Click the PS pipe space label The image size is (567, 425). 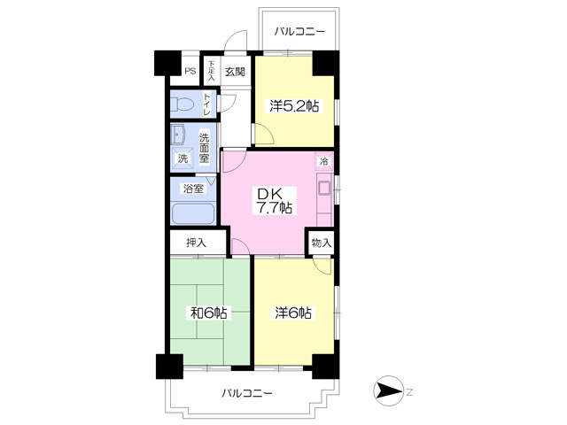[x=190, y=71]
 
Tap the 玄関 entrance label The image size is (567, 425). [x=235, y=72]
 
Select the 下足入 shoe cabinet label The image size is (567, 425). [x=211, y=71]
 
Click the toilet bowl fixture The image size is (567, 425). [x=183, y=104]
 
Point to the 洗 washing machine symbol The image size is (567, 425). [x=183, y=158]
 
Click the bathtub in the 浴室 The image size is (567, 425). [x=193, y=213]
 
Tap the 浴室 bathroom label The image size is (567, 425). [x=193, y=189]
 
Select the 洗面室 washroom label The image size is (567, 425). [x=205, y=148]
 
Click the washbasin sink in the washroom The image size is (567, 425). [x=178, y=135]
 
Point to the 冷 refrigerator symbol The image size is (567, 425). [x=324, y=161]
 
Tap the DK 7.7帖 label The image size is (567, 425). [x=275, y=201]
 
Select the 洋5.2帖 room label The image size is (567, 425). [x=294, y=106]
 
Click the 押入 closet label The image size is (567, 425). [x=197, y=243]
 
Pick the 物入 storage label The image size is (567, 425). [x=321, y=243]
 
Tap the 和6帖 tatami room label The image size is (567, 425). [x=209, y=313]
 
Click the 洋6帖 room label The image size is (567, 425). [x=293, y=313]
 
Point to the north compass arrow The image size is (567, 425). [x=388, y=391]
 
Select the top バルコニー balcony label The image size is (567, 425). [x=299, y=32]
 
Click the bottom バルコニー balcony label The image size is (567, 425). [x=247, y=393]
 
